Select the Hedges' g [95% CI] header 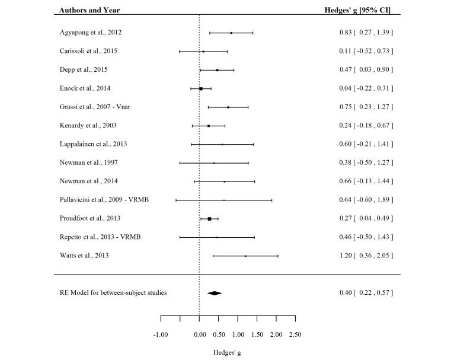(361, 9)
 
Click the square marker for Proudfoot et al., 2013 (209, 219)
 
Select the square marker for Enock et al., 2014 (201, 88)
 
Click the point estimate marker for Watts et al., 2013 (245, 256)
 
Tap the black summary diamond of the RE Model (215, 293)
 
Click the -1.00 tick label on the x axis (161, 334)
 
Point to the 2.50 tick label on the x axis (295, 334)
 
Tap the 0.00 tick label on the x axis (200, 334)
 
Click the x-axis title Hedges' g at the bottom (228, 352)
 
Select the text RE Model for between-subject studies (113, 293)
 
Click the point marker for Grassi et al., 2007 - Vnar (228, 107)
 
